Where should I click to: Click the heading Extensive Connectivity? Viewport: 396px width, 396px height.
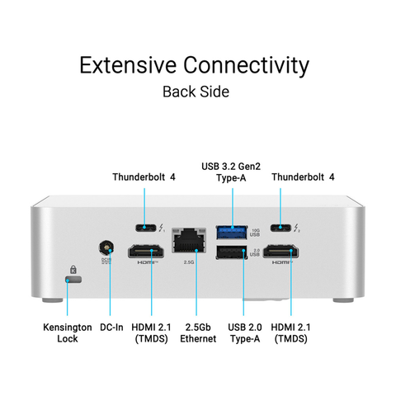195,65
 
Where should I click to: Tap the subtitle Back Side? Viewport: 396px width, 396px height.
196,91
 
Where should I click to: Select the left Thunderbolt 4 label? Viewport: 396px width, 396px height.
144,177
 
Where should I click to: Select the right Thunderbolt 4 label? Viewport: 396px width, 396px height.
303,177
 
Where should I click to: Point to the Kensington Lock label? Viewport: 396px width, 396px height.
68,332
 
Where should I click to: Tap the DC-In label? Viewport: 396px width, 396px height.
111,328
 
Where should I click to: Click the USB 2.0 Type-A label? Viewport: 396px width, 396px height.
243,332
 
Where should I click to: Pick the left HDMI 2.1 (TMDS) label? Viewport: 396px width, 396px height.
151,332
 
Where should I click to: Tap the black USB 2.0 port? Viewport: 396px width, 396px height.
231,253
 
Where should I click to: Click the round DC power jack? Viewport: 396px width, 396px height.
106,247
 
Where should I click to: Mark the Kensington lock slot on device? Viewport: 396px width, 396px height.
73,281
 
